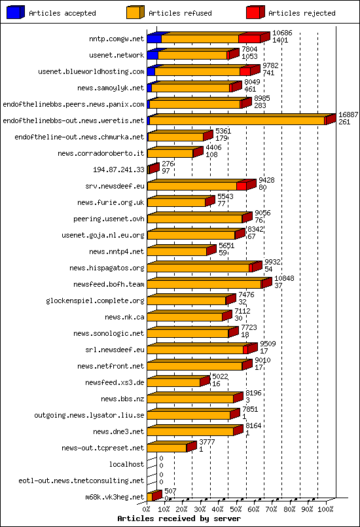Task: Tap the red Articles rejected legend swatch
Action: pyautogui.click(x=255, y=12)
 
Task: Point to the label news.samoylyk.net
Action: pyautogui.click(x=111, y=88)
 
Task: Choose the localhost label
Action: pyautogui.click(x=126, y=464)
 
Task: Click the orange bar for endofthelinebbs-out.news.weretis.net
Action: pyautogui.click(x=237, y=120)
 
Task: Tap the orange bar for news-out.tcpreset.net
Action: pyautogui.click(x=167, y=448)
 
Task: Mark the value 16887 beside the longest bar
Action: pyautogui.click(x=348, y=115)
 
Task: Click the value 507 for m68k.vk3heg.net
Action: pyautogui.click(x=170, y=491)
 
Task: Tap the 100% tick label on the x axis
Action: pyautogui.click(x=325, y=508)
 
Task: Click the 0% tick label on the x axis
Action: pyautogui.click(x=147, y=508)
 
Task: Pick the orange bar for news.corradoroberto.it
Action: pyautogui.click(x=170, y=153)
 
